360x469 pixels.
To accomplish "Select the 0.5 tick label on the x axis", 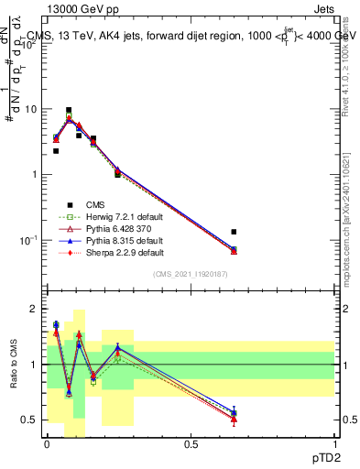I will point(191,444).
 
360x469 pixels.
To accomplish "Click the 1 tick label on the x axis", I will point(335,444).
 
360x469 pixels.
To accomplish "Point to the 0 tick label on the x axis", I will point(47,444).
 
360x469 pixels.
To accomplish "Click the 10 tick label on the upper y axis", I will point(32,109).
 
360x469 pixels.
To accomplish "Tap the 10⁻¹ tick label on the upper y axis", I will point(29,240).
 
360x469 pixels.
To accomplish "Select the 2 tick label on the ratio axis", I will point(36,309).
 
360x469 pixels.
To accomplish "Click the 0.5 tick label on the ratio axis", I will point(30,420).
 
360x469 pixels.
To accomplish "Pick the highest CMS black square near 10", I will point(69,110).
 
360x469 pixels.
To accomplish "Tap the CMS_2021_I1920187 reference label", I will point(191,275).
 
